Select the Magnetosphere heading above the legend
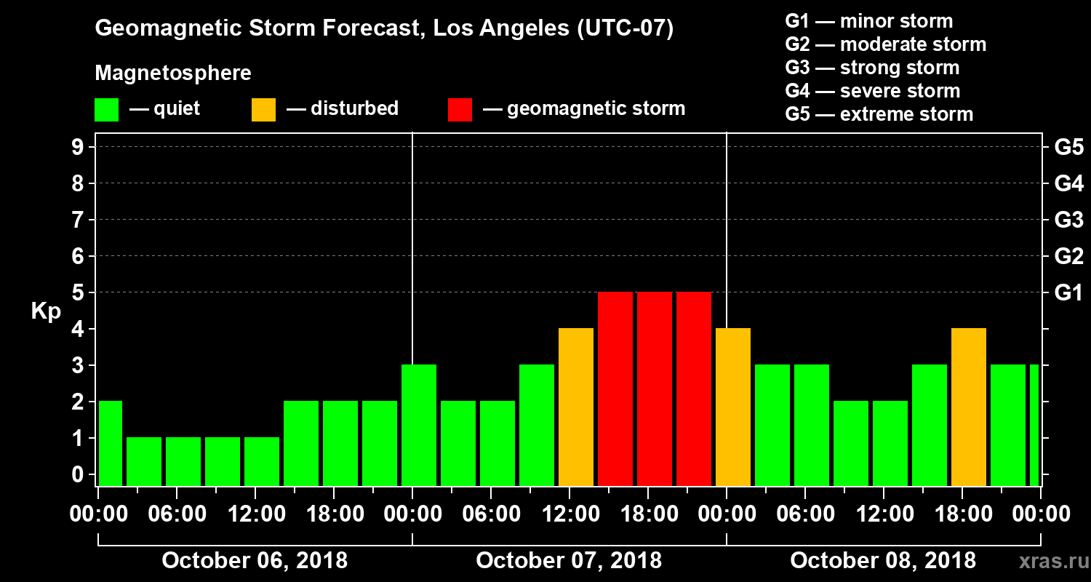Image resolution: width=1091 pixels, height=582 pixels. (173, 73)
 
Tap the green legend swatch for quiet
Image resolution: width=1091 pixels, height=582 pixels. (107, 110)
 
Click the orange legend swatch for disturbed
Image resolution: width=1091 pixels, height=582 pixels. (263, 110)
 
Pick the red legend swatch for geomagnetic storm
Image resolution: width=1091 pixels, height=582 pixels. (460, 110)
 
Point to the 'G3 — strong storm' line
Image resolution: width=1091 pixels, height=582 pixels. (872, 68)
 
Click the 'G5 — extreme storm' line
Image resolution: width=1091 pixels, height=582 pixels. (879, 114)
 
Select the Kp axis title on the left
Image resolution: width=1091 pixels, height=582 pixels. (46, 311)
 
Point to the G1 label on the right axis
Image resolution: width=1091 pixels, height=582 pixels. (1068, 292)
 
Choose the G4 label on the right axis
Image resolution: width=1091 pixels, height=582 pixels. (1068, 183)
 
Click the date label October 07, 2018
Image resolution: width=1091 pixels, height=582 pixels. (569, 560)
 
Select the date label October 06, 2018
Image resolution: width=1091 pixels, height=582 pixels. (255, 560)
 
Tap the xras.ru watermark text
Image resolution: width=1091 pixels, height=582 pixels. (1048, 561)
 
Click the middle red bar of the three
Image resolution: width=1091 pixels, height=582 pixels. (654, 389)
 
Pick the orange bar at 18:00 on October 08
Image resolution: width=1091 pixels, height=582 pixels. (968, 407)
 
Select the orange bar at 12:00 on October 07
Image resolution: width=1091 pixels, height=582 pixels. (575, 407)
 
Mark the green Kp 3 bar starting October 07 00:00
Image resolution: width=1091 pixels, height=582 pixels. (419, 426)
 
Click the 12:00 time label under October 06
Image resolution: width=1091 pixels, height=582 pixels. (256, 514)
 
